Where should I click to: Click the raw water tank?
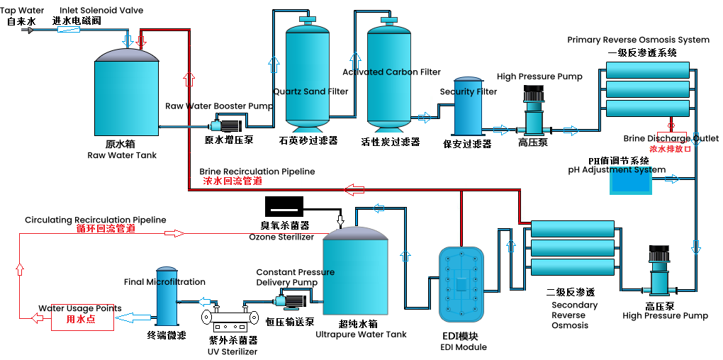point(126,96)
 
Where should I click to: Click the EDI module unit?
point(461,284)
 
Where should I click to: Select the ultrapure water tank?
point(355,273)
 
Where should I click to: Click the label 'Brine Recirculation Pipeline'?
point(257,171)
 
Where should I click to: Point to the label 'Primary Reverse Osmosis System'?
point(638,40)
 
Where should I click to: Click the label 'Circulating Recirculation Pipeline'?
point(95,220)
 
